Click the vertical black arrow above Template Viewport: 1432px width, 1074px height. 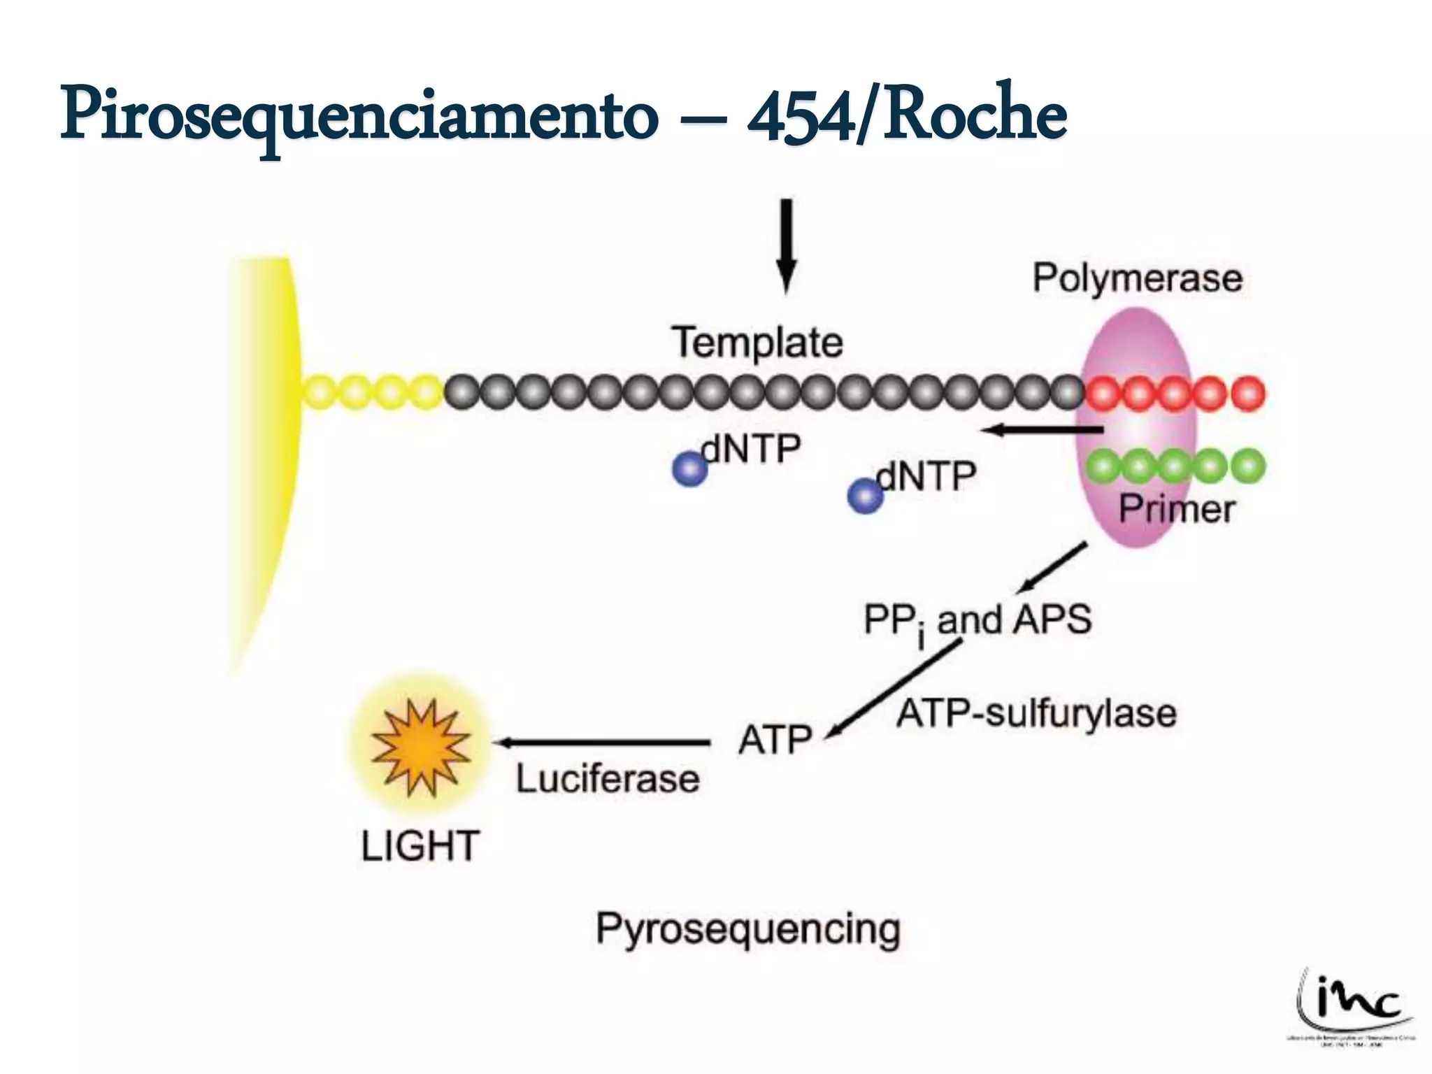[x=787, y=245]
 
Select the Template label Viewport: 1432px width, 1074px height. [x=758, y=343]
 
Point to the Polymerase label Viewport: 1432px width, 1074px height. [x=1138, y=278]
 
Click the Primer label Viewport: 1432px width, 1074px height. [x=1177, y=509]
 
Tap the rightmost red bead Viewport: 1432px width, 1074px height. [x=1248, y=394]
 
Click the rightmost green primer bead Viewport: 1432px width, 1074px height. [x=1248, y=466]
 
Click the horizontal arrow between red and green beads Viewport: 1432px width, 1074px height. [x=1042, y=430]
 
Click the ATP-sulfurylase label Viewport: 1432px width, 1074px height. [x=1036, y=714]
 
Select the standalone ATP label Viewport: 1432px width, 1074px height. [x=775, y=740]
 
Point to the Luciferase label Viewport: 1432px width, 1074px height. [x=608, y=779]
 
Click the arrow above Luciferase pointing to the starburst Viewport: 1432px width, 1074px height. [x=601, y=743]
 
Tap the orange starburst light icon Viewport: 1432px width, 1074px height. [x=420, y=747]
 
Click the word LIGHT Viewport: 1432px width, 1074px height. [x=420, y=846]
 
